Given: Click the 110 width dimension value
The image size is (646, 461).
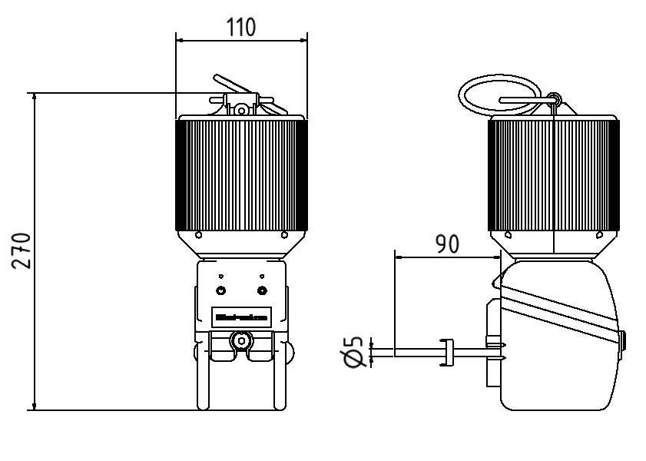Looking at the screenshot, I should [x=241, y=27].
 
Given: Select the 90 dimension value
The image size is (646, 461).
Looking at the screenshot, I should [x=447, y=244].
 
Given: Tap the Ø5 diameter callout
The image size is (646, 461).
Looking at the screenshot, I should [x=354, y=353].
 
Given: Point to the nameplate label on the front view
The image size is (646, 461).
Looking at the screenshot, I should [x=241, y=316].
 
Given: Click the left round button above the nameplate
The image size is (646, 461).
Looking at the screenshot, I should [x=221, y=290].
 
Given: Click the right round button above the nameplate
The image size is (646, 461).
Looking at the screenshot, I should [x=263, y=290].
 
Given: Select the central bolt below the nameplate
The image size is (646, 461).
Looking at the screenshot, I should [x=242, y=340].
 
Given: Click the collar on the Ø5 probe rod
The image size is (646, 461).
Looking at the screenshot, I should [x=446, y=353].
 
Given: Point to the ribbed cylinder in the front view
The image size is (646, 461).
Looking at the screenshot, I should [x=241, y=175].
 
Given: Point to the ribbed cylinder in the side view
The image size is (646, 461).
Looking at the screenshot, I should [x=554, y=175].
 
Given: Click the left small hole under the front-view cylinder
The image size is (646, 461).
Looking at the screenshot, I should [x=199, y=234].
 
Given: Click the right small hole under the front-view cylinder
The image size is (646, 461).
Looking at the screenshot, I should [x=284, y=234].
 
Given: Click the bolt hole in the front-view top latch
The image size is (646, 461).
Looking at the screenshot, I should [x=241, y=111].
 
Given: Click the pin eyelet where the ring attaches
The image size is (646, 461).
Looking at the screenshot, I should [x=555, y=98].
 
